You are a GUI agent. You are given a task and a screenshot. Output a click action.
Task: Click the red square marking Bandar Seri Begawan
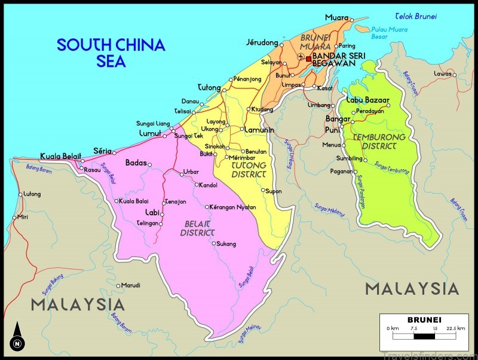point(308,59)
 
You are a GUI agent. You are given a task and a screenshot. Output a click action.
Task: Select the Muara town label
point(336,17)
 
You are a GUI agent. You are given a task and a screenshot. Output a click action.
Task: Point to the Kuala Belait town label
point(60,157)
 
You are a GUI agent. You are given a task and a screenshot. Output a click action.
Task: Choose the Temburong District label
point(375,141)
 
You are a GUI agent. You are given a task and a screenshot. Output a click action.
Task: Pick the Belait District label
point(197,228)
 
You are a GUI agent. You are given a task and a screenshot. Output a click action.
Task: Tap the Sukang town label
point(226,243)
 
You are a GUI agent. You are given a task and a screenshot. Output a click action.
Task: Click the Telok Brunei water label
point(416,16)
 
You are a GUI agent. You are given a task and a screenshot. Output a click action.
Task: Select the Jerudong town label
point(262,42)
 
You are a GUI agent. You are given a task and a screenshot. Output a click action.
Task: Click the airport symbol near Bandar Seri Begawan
point(301,59)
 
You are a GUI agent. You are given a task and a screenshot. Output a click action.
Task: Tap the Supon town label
point(273,191)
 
